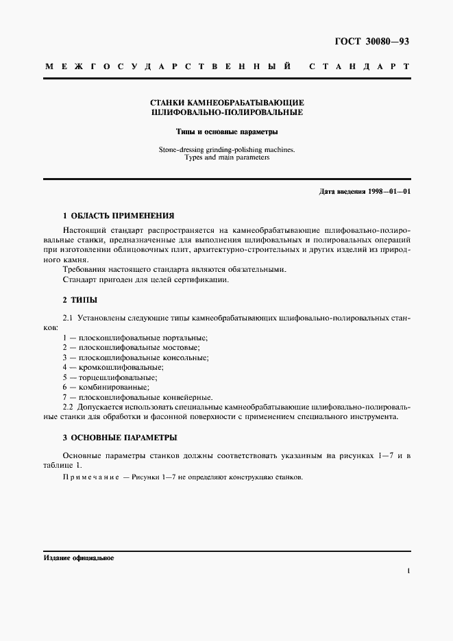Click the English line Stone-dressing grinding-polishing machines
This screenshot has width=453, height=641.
[x=226, y=149]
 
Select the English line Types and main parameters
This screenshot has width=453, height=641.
[x=226, y=157]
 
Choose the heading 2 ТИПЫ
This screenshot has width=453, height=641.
[x=79, y=299]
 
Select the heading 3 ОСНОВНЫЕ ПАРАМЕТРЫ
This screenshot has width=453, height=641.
[x=119, y=437]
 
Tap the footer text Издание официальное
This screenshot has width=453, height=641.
[x=78, y=558]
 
